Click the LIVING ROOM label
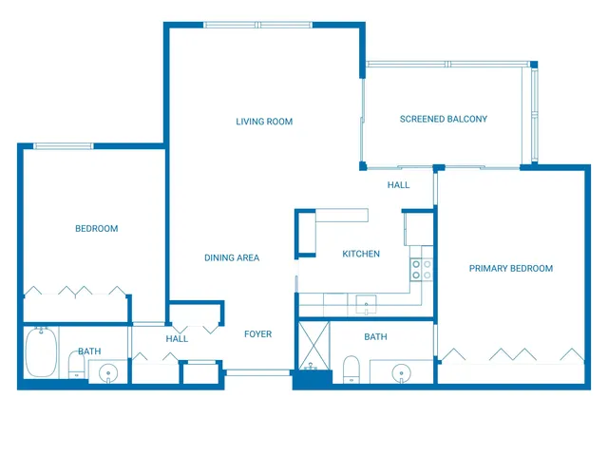click(264, 122)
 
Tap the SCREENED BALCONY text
click(443, 119)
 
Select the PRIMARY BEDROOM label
click(510, 269)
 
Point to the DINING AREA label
click(232, 257)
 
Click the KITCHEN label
click(361, 254)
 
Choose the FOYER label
click(257, 334)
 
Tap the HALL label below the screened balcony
click(398, 184)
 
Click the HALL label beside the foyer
click(177, 339)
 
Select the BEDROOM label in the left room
click(96, 228)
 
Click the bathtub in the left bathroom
click(41, 351)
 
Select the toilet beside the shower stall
click(351, 369)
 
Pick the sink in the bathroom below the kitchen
click(403, 371)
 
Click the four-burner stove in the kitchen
click(421, 270)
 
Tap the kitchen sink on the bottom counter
click(366, 304)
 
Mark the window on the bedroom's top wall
click(64, 145)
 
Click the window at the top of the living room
click(258, 26)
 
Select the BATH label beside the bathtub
click(89, 351)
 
